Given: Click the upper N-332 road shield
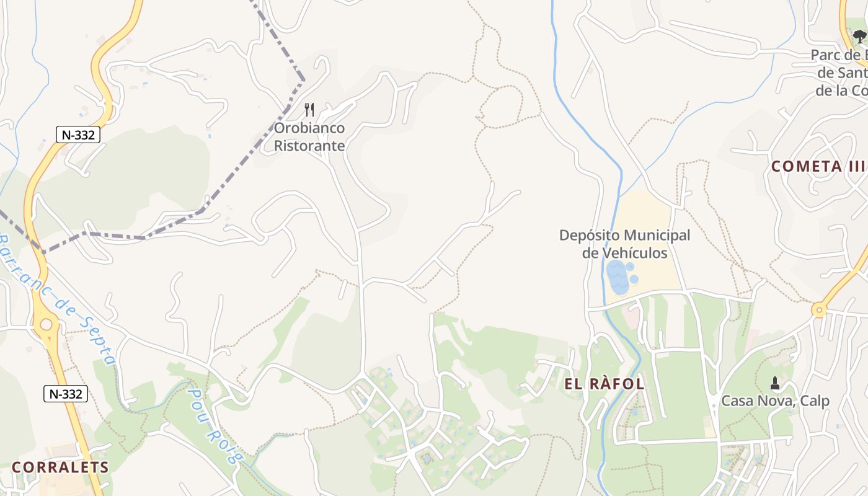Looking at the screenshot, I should [x=78, y=134].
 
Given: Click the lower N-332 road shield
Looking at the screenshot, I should [x=65, y=393].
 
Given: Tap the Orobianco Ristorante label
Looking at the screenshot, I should [x=309, y=137].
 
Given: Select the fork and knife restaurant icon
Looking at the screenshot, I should [x=309, y=110].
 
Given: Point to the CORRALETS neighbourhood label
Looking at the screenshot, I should [x=60, y=467].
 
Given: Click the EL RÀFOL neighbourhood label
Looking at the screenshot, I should [x=604, y=384].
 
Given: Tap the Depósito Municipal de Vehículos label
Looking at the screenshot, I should [x=624, y=244].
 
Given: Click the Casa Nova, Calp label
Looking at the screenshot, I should [x=774, y=401].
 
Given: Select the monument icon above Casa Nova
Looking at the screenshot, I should [x=774, y=383].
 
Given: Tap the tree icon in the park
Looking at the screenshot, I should [x=859, y=36].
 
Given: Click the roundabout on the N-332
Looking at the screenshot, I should [x=46, y=324].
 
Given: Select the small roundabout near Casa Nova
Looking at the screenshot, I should [x=820, y=309].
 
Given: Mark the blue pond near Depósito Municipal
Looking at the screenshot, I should [x=618, y=277].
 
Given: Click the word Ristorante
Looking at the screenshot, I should [x=309, y=146].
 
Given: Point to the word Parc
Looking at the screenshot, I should [x=826, y=55].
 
